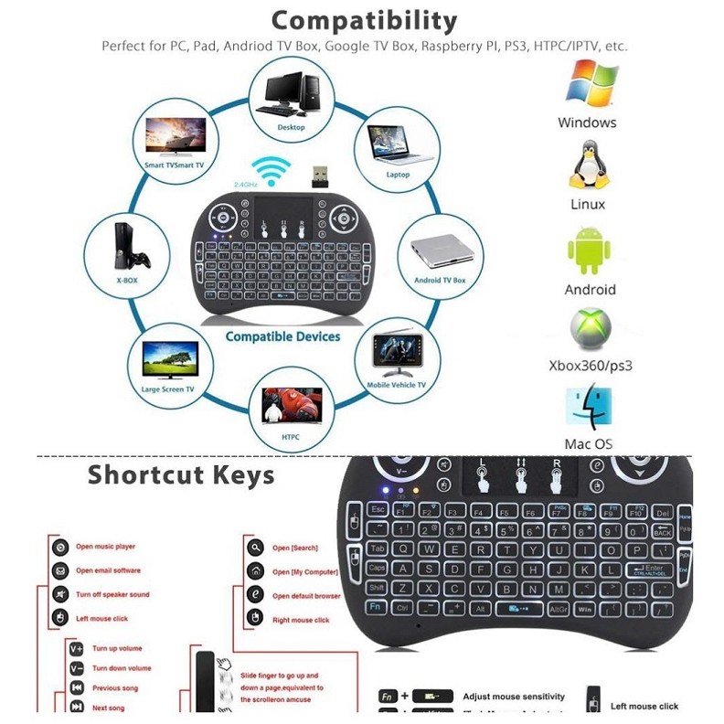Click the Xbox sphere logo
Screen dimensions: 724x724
(x=591, y=330)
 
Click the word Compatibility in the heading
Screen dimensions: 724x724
(x=363, y=20)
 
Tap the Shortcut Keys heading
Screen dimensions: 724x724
(x=181, y=475)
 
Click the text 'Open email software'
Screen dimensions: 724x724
(x=108, y=570)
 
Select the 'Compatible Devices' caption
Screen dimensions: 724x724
(x=282, y=336)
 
